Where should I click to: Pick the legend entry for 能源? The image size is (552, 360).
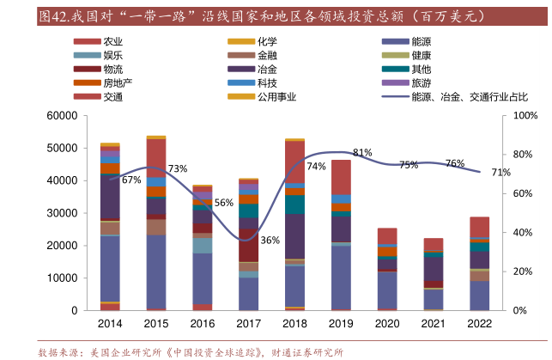(422, 41)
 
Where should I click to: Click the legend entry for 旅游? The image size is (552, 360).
(422, 83)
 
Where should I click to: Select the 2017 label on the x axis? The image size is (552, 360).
(248, 324)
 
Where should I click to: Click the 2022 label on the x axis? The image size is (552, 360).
(480, 324)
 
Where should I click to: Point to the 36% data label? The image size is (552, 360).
(270, 241)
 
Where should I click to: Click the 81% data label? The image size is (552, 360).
(362, 153)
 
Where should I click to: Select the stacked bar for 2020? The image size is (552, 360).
(387, 269)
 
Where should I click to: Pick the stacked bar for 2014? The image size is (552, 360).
(110, 227)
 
